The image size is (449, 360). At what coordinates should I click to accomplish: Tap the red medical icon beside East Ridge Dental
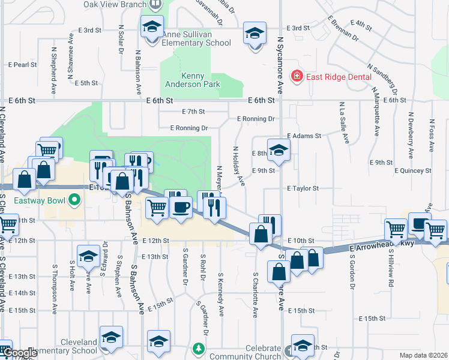(296, 76)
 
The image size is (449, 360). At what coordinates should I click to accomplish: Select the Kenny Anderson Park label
(185, 80)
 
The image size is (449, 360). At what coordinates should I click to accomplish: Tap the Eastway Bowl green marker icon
(74, 199)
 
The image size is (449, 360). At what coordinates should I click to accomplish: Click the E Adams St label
(304, 136)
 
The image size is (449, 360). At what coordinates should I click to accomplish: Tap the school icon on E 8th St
(279, 151)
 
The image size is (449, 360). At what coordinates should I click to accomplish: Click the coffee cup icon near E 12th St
(181, 208)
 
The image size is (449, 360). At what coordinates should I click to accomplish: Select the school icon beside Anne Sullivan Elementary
(152, 27)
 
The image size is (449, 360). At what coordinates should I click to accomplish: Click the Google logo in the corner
(20, 353)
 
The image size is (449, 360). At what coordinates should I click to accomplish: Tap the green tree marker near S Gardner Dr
(199, 349)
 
